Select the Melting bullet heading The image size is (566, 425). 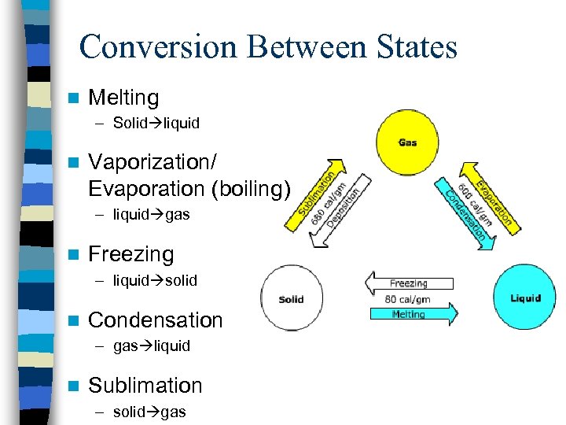pos(123,98)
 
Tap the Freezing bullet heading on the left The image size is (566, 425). pos(130,254)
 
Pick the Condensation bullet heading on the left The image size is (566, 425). pos(156,320)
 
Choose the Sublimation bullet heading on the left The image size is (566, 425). pos(145,386)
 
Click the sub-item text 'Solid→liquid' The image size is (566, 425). pos(156,124)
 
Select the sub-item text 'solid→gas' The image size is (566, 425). pos(149,412)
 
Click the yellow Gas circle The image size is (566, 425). pos(407,142)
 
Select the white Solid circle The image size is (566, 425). pos(291,298)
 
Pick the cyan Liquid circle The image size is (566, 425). pos(524,297)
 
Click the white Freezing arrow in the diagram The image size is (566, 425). pos(408,283)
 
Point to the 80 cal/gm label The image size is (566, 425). pos(407,299)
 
